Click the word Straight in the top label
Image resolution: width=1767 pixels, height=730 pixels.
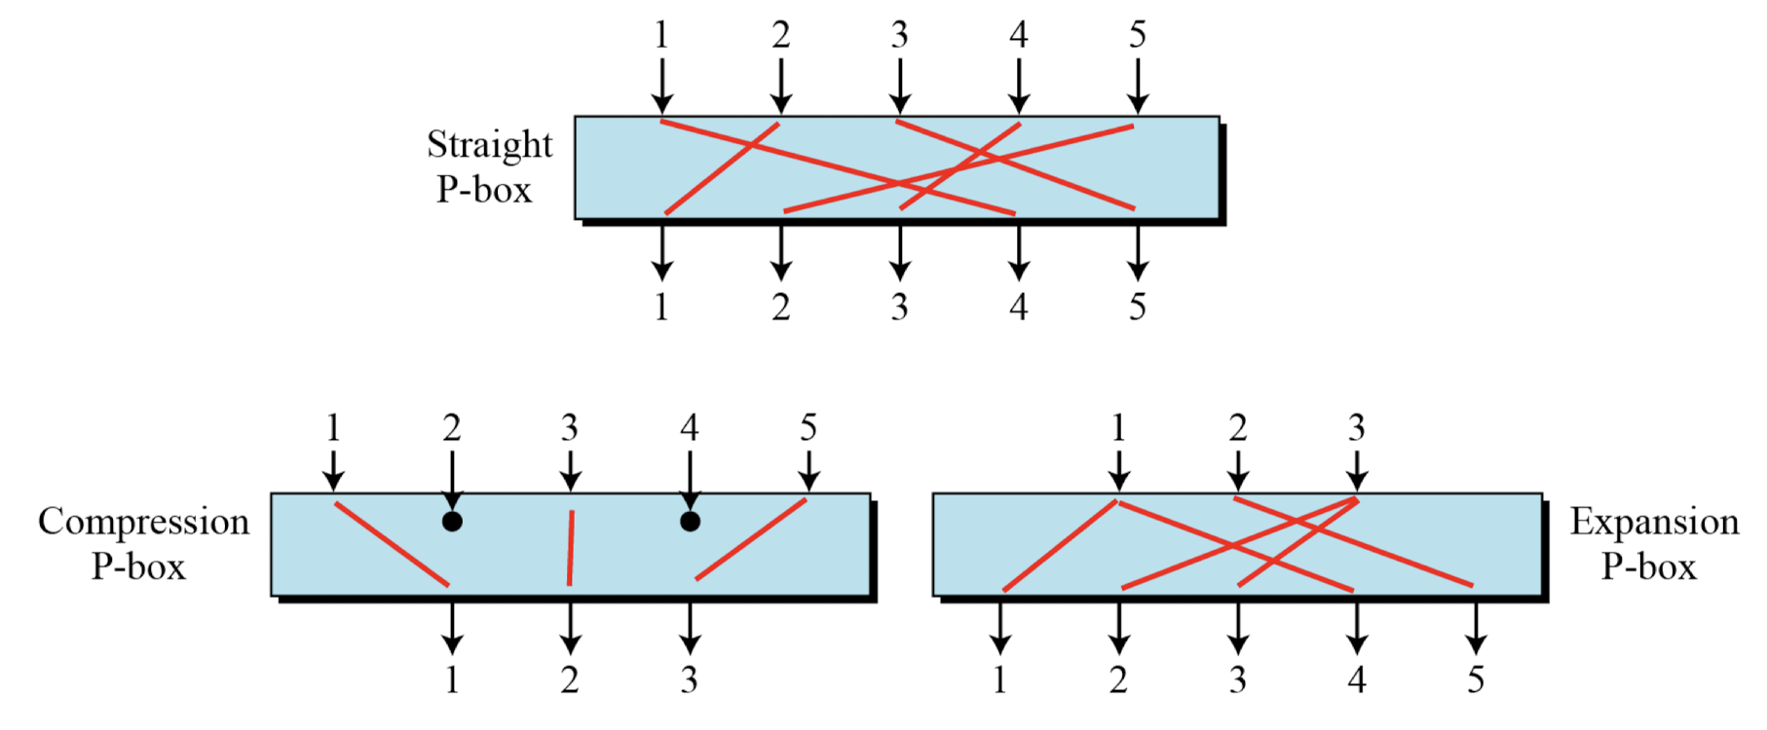pyautogui.click(x=489, y=146)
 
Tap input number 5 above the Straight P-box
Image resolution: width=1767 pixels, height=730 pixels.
pyautogui.click(x=1137, y=35)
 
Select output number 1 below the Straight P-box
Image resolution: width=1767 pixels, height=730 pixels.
pyautogui.click(x=662, y=308)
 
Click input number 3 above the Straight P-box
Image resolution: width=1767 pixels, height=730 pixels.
pyautogui.click(x=899, y=35)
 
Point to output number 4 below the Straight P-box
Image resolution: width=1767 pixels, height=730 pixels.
pyautogui.click(x=1018, y=308)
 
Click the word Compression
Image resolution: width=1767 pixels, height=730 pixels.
pyautogui.click(x=143, y=523)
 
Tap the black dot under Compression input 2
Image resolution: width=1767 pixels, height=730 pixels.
pyautogui.click(x=452, y=522)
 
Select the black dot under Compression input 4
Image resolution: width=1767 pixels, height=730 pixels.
pyautogui.click(x=690, y=522)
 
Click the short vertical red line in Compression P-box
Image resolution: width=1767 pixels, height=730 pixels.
pyautogui.click(x=570, y=548)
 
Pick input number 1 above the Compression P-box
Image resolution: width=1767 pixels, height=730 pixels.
pyautogui.click(x=333, y=427)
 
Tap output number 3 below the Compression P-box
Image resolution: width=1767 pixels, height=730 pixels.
pyautogui.click(x=690, y=679)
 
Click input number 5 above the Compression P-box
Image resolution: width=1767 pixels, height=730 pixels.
pyautogui.click(x=808, y=427)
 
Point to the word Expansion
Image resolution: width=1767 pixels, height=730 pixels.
pyautogui.click(x=1653, y=523)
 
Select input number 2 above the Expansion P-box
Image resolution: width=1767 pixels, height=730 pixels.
pyautogui.click(x=1237, y=427)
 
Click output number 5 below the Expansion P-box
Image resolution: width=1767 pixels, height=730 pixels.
pyautogui.click(x=1476, y=679)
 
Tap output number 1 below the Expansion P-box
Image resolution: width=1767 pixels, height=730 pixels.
pyautogui.click(x=1000, y=679)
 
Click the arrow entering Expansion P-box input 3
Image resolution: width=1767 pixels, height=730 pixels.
pyautogui.click(x=1357, y=469)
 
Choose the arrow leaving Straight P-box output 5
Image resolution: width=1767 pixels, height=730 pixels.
pyautogui.click(x=1137, y=253)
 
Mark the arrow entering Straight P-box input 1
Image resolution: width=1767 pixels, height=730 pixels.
pyautogui.click(x=662, y=86)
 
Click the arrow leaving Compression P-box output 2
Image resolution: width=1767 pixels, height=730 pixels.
pyautogui.click(x=570, y=628)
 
